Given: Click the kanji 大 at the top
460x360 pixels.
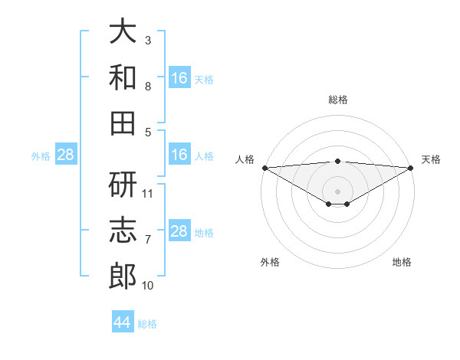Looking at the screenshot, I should [x=123, y=31].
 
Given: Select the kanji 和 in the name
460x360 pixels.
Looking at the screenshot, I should [x=123, y=77].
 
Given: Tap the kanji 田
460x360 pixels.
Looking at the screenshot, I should [x=123, y=123].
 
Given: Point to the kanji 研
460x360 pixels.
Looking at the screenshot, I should [x=123, y=184].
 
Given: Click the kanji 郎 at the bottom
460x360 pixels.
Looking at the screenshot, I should [x=123, y=276].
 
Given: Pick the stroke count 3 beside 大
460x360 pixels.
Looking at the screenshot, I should [x=148, y=40].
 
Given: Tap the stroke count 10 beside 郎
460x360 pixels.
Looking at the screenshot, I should [x=148, y=285].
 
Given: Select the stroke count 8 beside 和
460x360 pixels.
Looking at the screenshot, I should [x=148, y=86].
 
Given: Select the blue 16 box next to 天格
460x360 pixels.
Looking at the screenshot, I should [x=179, y=78].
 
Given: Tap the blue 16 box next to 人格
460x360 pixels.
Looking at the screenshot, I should [x=179, y=155].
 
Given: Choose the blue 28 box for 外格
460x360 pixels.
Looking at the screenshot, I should [x=66, y=155].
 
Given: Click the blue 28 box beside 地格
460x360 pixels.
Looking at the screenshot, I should [x=179, y=231].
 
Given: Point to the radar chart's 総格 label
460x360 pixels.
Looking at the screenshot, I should [x=337, y=100].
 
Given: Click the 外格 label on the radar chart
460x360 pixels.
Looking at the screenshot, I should [x=270, y=262].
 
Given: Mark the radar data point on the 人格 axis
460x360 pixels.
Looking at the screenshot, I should [x=264, y=167].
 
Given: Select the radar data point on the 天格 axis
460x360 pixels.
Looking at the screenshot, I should [x=410, y=167].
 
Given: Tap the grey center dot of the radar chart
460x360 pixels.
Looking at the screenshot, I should [x=337, y=191].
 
